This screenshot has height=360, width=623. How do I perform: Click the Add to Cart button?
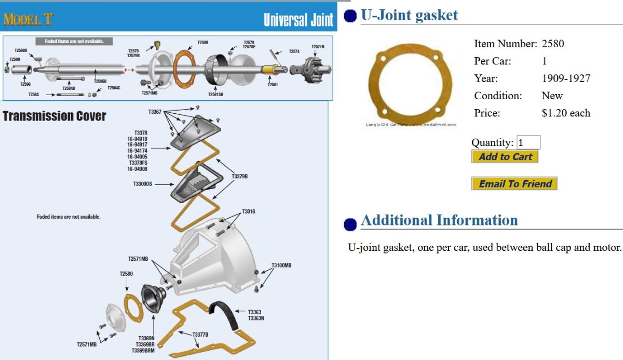[x=505, y=156]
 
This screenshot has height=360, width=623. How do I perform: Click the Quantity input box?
[x=529, y=142]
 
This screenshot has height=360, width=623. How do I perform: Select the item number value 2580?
[x=552, y=44]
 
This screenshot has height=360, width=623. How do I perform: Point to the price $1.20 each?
[x=565, y=113]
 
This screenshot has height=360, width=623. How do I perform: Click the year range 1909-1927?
[x=565, y=78]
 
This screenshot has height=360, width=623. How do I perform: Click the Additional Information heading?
[x=439, y=220]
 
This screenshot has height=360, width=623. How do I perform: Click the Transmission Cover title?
[x=55, y=116]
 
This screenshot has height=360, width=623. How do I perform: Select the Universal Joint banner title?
[x=298, y=20]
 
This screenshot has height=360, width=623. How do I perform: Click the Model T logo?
[x=28, y=20]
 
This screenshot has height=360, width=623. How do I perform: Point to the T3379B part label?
[x=240, y=177]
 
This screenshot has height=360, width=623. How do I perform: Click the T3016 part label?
[x=248, y=211]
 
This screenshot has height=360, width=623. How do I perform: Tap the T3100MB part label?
[x=281, y=265]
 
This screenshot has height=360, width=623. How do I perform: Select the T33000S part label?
[x=143, y=184]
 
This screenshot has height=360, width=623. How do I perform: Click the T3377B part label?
[x=200, y=334]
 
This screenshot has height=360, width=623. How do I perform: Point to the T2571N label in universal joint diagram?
[x=318, y=47]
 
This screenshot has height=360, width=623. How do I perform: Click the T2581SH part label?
[x=215, y=95]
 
